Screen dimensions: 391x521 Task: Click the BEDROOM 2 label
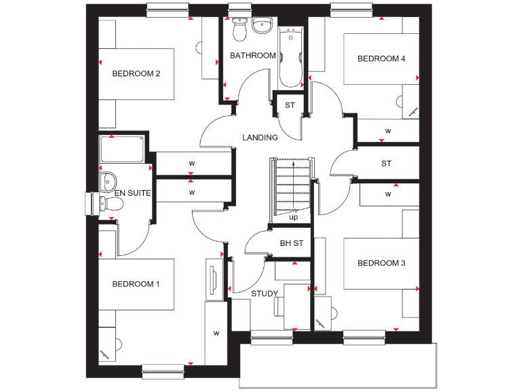click(x=136, y=73)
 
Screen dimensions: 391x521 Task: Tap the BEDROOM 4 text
click(x=381, y=59)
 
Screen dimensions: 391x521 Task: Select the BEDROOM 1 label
click(x=136, y=284)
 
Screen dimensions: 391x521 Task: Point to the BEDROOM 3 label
click(x=381, y=263)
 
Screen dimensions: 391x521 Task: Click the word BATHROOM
click(x=252, y=56)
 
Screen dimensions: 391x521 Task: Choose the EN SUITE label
click(x=132, y=193)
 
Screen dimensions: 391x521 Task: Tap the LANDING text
click(x=260, y=138)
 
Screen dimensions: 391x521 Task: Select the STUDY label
click(x=265, y=294)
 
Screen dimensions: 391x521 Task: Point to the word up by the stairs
click(x=293, y=218)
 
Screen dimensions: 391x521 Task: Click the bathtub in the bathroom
click(x=292, y=58)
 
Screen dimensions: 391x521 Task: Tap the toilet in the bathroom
click(x=238, y=29)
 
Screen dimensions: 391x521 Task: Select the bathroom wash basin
click(x=261, y=25)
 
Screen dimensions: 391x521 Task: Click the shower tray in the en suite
click(x=122, y=149)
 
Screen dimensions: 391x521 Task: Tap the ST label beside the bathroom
click(x=290, y=105)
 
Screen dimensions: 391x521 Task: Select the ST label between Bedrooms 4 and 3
click(x=386, y=164)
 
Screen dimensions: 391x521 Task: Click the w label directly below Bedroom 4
click(x=388, y=130)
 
